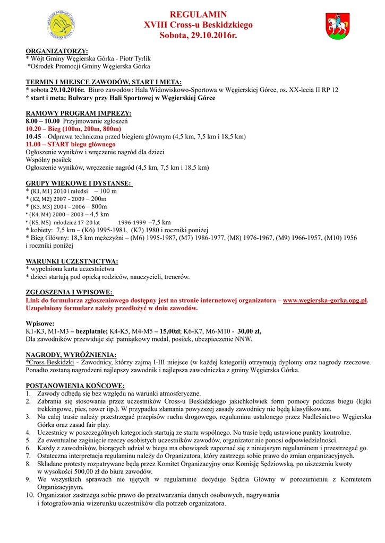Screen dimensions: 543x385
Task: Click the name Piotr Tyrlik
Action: pyautogui.click(x=135, y=58)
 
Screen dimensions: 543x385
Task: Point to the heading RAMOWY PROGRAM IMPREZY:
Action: pyautogui.click(x=79, y=113)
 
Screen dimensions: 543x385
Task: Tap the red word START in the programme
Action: pyautogui.click(x=59, y=144)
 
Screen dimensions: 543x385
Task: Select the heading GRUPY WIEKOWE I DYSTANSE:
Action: pyautogui.click(x=79, y=183)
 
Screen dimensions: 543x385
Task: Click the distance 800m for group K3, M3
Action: pyautogui.click(x=99, y=206)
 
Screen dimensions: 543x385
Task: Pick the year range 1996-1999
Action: pyautogui.click(x=132, y=223)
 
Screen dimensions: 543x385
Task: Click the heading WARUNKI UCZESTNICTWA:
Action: pyautogui.click(x=72, y=261)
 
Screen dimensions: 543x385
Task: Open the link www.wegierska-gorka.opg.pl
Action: pyautogui.click(x=325, y=301)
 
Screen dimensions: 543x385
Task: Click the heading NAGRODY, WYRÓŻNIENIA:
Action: pyautogui.click(x=71, y=354)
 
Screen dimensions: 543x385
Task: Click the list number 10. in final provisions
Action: pyautogui.click(x=29, y=495)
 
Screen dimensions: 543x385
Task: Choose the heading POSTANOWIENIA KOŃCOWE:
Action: pyautogui.click(x=75, y=386)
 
